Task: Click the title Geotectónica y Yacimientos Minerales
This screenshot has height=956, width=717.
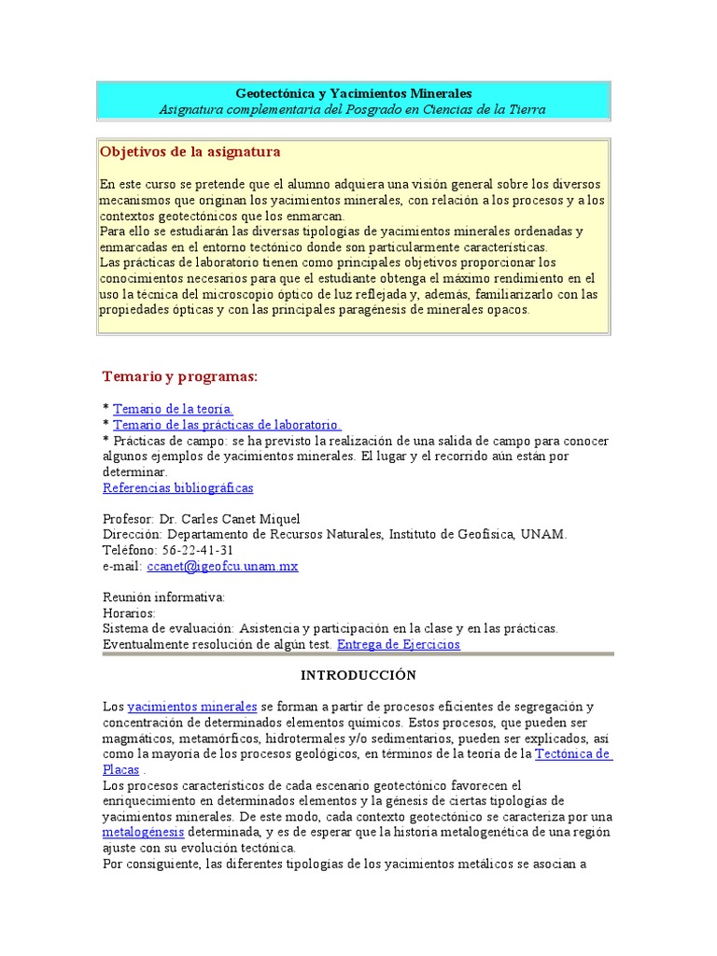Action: pyautogui.click(x=354, y=93)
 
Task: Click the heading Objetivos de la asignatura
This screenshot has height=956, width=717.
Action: pyautogui.click(x=190, y=151)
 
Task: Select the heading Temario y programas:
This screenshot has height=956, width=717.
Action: pyautogui.click(x=179, y=375)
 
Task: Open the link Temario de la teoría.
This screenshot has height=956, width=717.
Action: pyautogui.click(x=173, y=409)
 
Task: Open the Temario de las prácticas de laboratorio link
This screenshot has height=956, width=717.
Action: pyautogui.click(x=227, y=425)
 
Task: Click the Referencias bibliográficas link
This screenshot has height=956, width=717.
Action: pyautogui.click(x=177, y=488)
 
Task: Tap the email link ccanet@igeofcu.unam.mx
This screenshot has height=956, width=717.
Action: pyautogui.click(x=222, y=566)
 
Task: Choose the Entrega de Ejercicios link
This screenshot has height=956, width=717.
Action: pyautogui.click(x=399, y=644)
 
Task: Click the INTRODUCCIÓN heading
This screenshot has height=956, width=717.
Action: pyautogui.click(x=358, y=675)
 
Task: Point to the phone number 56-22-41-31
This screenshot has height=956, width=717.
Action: pyautogui.click(x=198, y=550)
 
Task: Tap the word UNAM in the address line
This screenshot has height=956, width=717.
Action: pyautogui.click(x=545, y=534)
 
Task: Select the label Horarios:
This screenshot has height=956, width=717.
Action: pyautogui.click(x=129, y=613)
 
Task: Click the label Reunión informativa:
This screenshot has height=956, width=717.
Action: pyautogui.click(x=163, y=597)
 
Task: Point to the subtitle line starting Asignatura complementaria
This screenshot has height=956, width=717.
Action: pyautogui.click(x=352, y=109)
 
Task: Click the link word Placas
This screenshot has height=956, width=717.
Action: pyautogui.click(x=120, y=769)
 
